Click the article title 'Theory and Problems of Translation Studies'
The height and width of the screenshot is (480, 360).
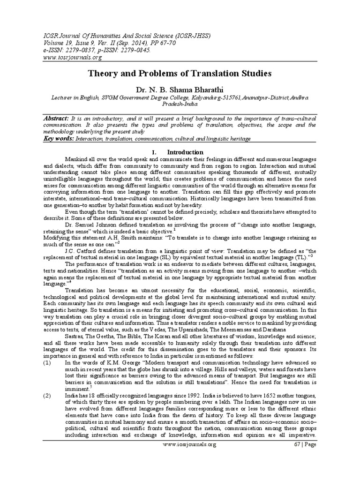(180, 74)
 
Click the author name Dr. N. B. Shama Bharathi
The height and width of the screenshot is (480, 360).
(180, 89)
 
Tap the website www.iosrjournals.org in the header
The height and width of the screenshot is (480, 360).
(73, 57)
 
